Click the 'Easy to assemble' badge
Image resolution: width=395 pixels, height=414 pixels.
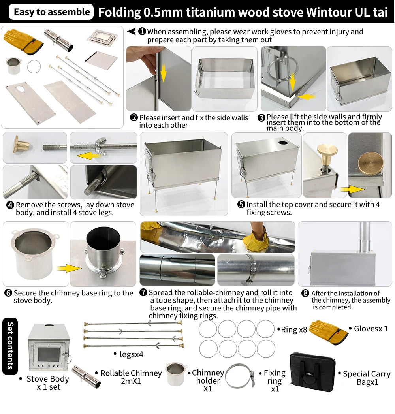51,12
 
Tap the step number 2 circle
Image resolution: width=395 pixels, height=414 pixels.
134,117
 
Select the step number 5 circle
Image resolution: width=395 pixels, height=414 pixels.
241,204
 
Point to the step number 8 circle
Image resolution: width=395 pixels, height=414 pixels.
305,293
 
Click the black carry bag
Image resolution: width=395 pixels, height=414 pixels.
312,372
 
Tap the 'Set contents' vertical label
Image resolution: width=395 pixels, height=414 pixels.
10,346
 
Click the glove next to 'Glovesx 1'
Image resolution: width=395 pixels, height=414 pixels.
328,332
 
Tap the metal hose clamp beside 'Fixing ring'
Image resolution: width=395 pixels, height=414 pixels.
240,376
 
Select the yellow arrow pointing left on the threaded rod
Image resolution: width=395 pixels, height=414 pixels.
88,155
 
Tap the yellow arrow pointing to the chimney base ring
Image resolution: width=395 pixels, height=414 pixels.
69,269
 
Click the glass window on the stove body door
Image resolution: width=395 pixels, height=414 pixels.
49,354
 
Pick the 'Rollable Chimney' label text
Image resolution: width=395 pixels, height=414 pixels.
131,373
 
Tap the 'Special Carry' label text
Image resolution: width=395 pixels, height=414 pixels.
367,374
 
